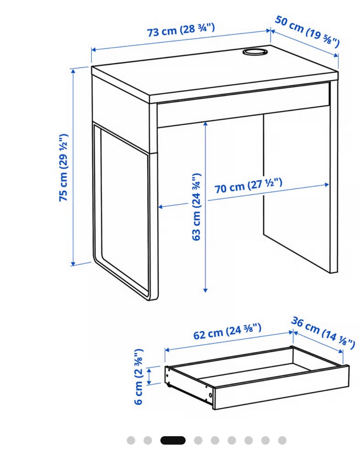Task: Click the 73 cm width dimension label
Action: (181, 30)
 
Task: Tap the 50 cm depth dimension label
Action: (307, 32)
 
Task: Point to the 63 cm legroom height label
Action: (196, 207)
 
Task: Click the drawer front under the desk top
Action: (243, 105)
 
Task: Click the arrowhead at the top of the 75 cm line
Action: (73, 72)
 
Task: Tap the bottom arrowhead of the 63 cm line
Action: (205, 290)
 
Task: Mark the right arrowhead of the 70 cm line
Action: (327, 184)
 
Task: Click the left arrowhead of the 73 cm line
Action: (94, 50)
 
